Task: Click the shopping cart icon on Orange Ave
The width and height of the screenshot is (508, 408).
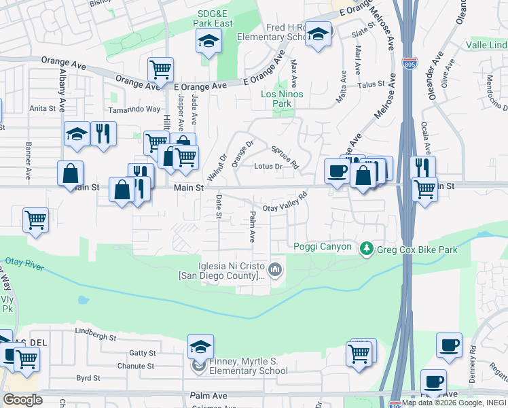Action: click(160, 69)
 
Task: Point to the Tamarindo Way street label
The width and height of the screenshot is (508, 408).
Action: click(136, 109)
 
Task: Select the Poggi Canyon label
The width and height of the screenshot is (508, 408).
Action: click(323, 247)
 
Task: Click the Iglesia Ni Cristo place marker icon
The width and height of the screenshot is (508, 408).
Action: click(275, 270)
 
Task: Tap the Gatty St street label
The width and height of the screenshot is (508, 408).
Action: click(143, 353)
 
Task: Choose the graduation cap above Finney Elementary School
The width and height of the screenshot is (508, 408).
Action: click(200, 347)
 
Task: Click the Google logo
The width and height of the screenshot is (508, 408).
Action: click(22, 400)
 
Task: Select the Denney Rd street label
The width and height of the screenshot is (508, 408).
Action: click(473, 359)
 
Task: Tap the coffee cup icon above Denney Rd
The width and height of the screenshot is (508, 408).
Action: click(449, 345)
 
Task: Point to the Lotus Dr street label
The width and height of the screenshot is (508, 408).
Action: click(268, 166)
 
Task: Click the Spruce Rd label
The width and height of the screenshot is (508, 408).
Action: click(285, 157)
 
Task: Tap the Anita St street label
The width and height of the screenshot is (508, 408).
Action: click(42, 108)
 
